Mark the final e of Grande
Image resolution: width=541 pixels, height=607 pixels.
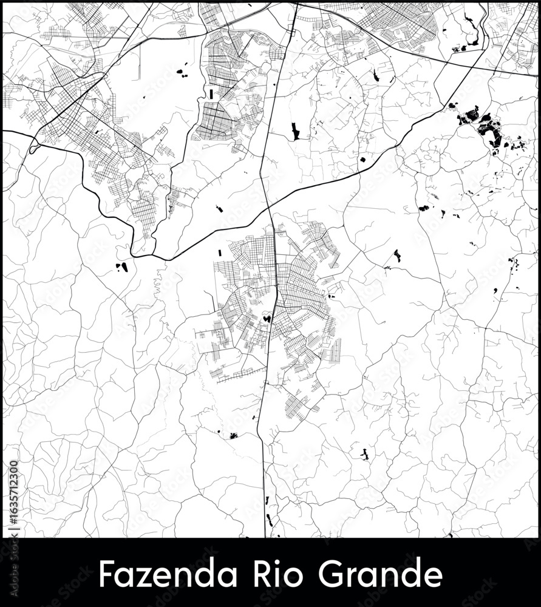point(432,575)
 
